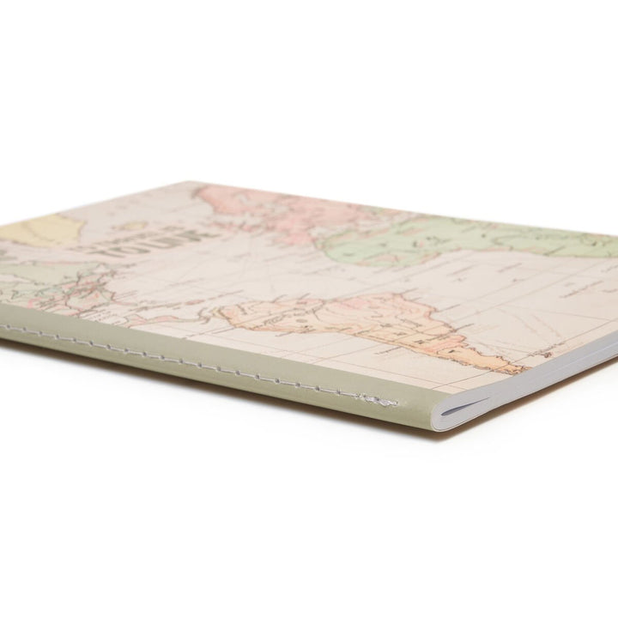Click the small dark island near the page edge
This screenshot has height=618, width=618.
click(x=542, y=353)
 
